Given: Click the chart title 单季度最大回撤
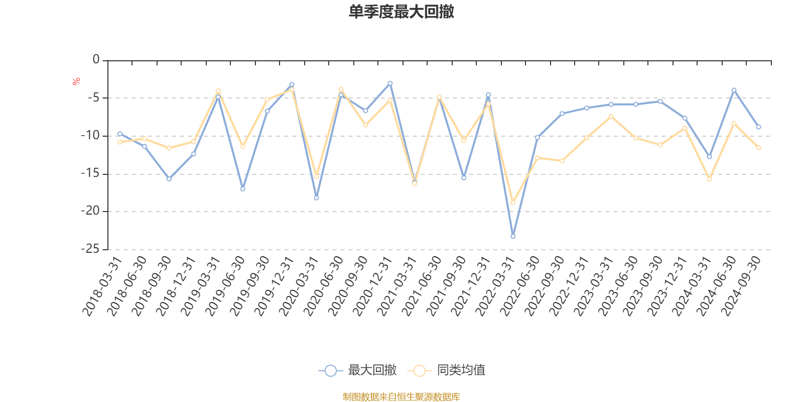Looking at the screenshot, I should click(401, 12).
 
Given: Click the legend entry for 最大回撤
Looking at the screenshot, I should click(357, 370).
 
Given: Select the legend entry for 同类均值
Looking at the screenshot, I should click(447, 370).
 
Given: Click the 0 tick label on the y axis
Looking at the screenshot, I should click(96, 60).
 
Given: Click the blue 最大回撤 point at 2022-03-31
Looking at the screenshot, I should click(512, 236).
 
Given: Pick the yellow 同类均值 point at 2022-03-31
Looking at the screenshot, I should click(512, 203).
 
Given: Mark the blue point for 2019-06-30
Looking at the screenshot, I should click(242, 189).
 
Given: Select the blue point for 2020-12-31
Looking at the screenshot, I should click(390, 83).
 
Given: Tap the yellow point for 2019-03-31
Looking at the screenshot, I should click(218, 91).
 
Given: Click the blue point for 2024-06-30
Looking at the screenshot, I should click(734, 90).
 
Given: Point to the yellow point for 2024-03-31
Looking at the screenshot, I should click(709, 179).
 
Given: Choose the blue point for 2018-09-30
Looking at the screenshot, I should click(169, 179).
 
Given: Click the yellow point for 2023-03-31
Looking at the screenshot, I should click(611, 117).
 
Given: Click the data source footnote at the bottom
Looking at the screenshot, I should click(401, 397).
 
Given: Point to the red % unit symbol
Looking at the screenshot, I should click(76, 81).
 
